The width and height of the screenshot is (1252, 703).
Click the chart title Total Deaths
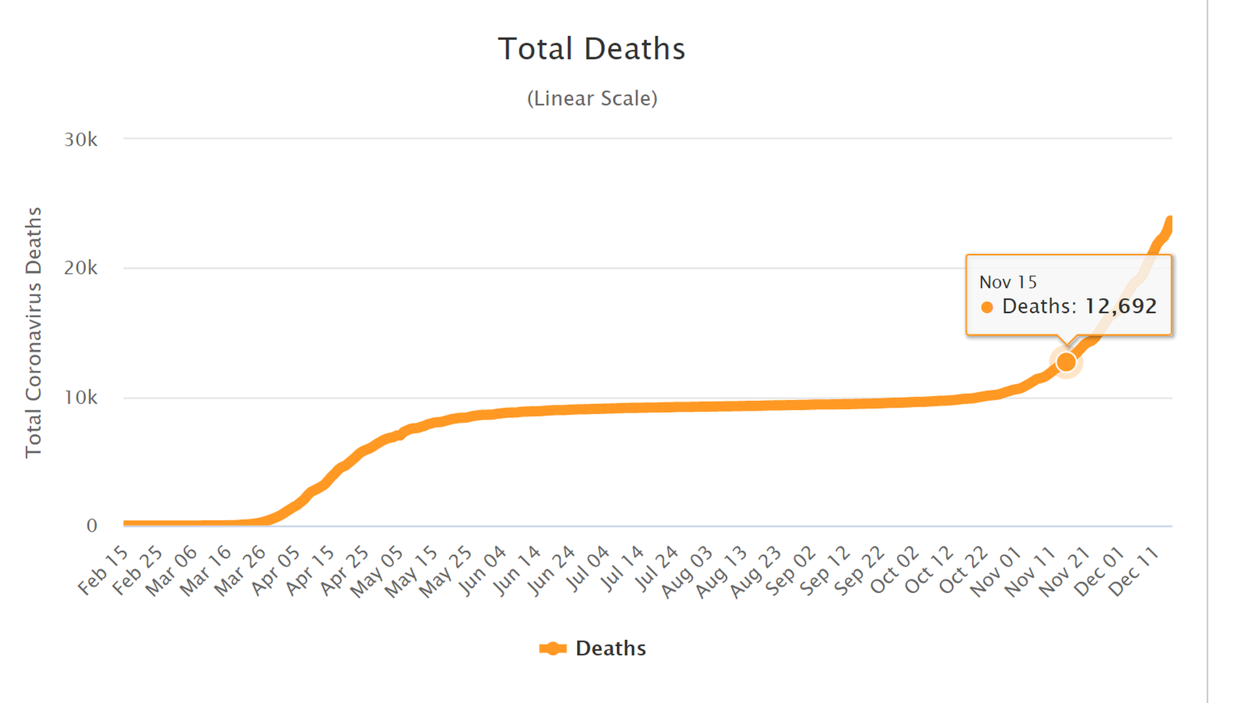[x=591, y=49]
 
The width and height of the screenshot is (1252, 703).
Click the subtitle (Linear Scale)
[x=591, y=98]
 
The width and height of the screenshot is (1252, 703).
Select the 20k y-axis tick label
[x=81, y=268]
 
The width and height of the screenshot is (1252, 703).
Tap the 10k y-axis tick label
[x=81, y=397]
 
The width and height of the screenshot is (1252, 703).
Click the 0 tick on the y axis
[x=92, y=526]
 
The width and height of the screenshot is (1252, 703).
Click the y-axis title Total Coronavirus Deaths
[x=34, y=332]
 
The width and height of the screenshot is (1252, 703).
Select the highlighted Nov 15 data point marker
[x=1066, y=362]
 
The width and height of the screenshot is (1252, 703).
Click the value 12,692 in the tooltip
[x=1120, y=306]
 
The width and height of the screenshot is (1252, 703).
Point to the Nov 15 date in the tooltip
[x=1008, y=282]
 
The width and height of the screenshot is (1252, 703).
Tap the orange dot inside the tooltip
[x=987, y=307]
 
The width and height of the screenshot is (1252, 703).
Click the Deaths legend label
[x=610, y=648]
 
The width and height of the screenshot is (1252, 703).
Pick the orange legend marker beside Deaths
[x=552, y=648]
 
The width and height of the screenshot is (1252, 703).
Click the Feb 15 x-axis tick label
[x=104, y=570]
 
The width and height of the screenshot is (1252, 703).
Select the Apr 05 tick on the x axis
[x=276, y=570]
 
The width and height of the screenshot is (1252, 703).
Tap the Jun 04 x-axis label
[x=483, y=570]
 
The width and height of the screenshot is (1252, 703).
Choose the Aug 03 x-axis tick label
[x=689, y=570]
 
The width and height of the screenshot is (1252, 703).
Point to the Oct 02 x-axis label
[x=895, y=570]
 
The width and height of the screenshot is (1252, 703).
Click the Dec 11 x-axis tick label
[x=1135, y=570]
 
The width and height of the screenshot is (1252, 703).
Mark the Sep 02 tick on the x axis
[x=791, y=570]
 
